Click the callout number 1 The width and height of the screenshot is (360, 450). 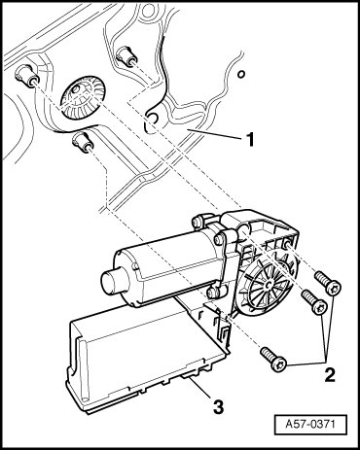[249, 140]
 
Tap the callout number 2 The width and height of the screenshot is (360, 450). [330, 375]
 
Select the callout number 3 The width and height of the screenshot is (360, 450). [218, 406]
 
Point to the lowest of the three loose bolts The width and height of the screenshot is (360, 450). [274, 359]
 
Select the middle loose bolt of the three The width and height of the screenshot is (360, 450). [313, 300]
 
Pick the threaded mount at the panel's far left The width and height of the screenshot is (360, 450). [27, 76]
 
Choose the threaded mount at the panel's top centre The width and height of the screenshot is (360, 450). [126, 55]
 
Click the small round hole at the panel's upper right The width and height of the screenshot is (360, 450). [241, 74]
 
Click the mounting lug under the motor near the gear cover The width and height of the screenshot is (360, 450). [215, 292]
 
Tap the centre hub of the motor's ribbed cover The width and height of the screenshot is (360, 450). [268, 285]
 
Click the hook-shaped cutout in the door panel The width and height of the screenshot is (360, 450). [150, 122]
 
